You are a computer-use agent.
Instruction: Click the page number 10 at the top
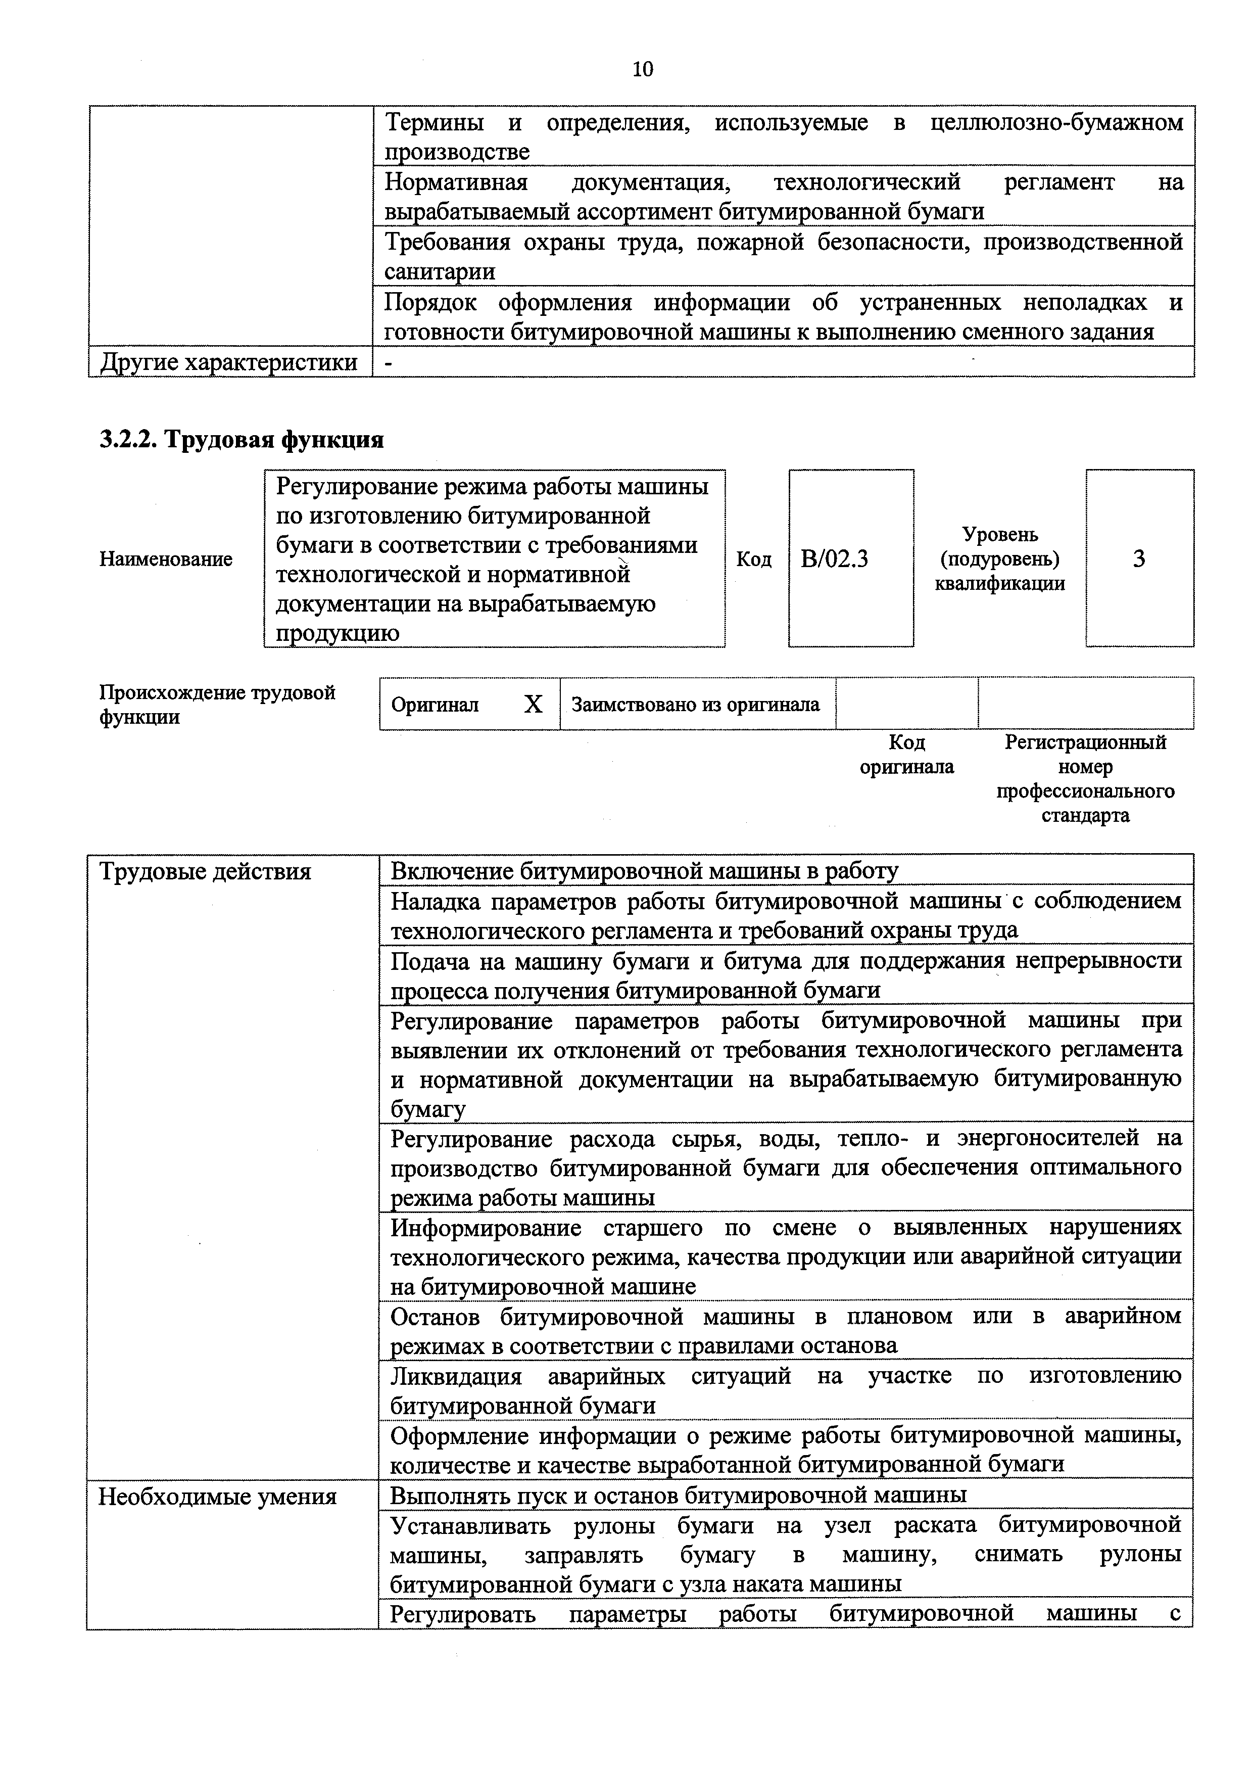click(642, 70)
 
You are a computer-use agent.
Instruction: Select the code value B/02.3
click(835, 558)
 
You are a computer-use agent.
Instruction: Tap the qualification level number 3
click(1139, 558)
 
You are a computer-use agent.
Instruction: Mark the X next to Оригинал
click(533, 704)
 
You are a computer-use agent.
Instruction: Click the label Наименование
click(166, 559)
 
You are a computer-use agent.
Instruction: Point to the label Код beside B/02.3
click(753, 559)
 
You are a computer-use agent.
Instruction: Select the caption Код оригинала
click(906, 755)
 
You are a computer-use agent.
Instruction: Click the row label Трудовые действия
click(205, 872)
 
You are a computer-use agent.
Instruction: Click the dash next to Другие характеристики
click(389, 362)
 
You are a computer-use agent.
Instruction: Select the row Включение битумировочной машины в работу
click(645, 871)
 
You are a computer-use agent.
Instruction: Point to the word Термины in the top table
click(435, 122)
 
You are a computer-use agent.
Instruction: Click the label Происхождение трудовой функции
click(217, 704)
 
